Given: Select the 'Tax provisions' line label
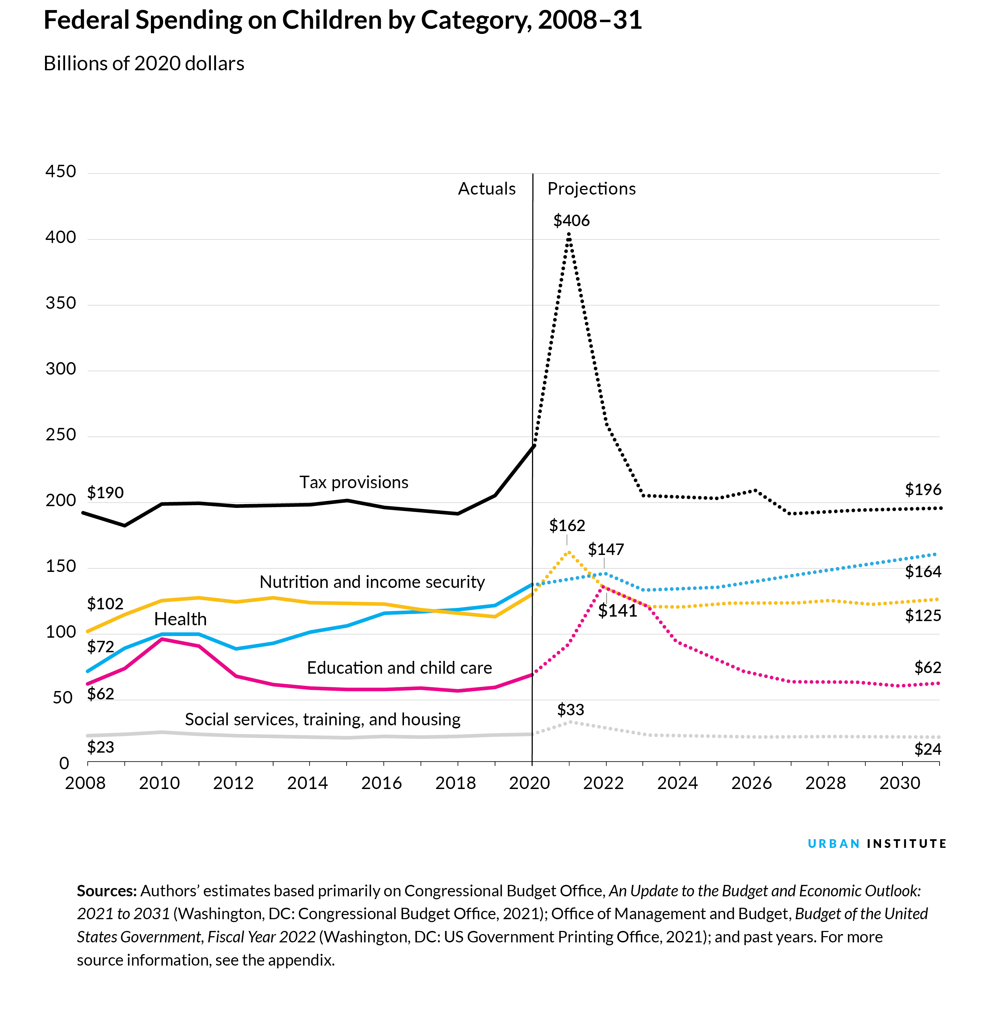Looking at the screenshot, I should (x=353, y=482).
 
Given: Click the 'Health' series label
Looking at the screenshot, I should (x=180, y=619).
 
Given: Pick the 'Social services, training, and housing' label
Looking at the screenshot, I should (x=322, y=719).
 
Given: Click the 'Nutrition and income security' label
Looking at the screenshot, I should (x=372, y=582).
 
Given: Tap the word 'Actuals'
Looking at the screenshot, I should (x=486, y=189).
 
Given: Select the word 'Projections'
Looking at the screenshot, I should (x=591, y=189).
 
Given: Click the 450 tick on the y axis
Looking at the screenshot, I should (x=61, y=172).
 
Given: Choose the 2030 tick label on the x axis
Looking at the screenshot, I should (x=899, y=783).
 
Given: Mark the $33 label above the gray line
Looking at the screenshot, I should (x=571, y=710).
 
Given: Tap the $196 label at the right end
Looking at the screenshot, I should (x=923, y=490).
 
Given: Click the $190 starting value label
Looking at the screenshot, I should (x=105, y=493).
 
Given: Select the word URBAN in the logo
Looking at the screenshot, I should (x=834, y=844).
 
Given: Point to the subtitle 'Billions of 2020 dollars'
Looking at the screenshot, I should (x=144, y=64).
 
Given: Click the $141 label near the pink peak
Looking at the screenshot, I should (x=617, y=611).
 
